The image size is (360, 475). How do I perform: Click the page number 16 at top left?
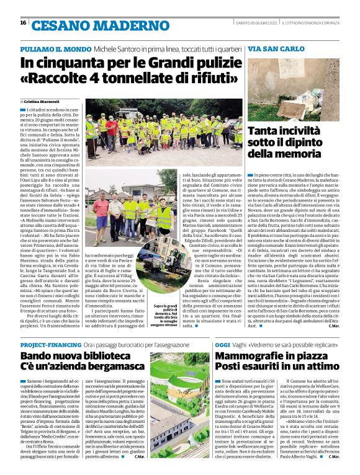[23, 22]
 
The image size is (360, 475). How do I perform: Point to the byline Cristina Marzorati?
[42, 100]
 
